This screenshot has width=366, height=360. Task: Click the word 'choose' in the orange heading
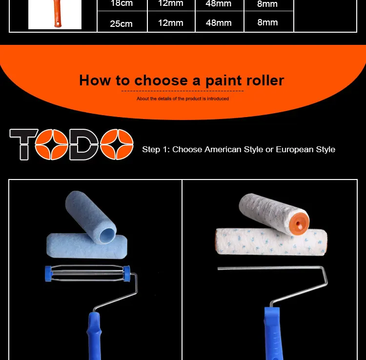point(161,80)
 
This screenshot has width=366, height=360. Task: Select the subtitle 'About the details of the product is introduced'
point(183,99)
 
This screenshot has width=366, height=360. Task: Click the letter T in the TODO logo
point(24,144)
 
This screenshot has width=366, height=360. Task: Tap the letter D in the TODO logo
point(84,144)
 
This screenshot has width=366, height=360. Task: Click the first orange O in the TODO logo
point(52,144)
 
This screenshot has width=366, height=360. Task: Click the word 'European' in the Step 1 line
point(295,150)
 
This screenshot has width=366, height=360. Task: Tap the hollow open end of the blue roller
point(107,235)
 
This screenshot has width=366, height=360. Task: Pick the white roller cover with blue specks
point(271,242)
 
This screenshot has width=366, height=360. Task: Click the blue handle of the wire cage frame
point(95,336)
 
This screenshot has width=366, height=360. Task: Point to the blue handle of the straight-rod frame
point(273,334)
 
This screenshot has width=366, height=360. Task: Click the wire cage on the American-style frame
point(87,273)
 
